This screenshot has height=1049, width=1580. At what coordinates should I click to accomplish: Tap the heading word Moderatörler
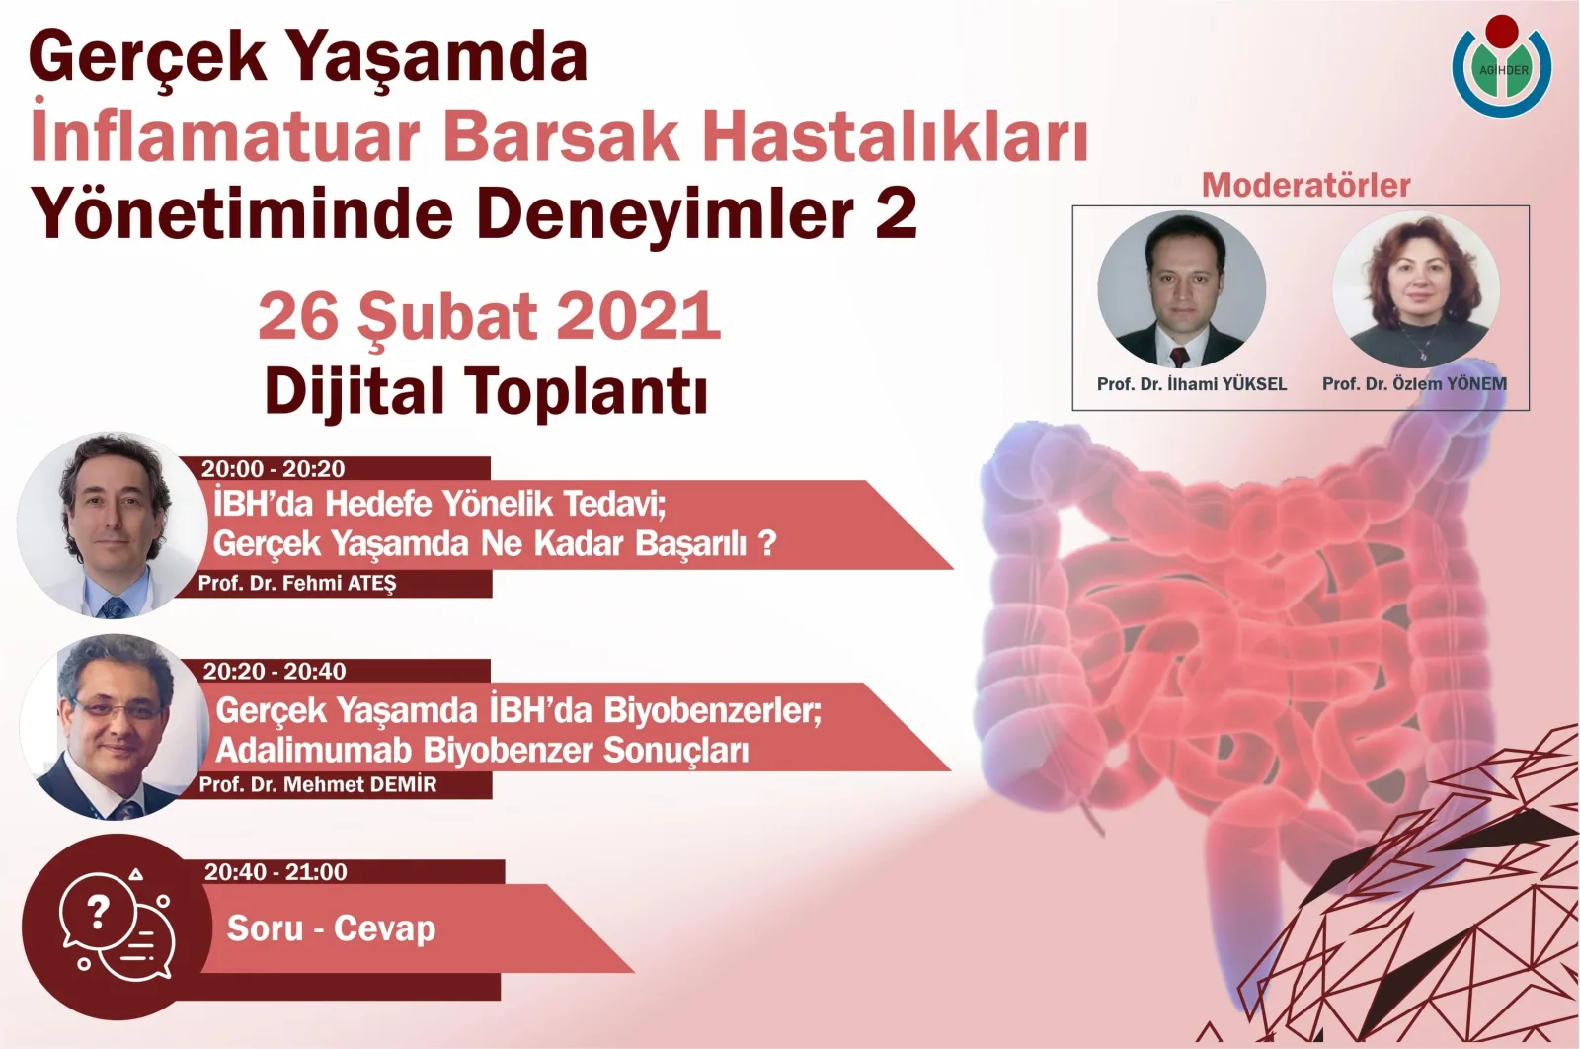1305,185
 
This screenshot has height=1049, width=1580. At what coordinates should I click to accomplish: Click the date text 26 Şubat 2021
490,316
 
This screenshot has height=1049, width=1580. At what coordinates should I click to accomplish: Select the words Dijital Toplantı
486,391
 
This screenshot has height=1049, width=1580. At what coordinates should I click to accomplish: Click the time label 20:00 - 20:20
274,469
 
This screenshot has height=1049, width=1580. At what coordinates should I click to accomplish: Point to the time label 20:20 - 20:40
275,672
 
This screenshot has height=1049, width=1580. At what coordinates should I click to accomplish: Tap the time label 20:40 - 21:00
276,872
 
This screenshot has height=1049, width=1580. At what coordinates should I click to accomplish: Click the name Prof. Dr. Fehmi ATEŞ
296,584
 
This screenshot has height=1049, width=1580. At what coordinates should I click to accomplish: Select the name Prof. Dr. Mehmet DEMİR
317,785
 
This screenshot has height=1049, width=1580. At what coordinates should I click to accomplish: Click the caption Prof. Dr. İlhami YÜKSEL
1191,384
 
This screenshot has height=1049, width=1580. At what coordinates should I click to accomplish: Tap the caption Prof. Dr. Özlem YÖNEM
1414,384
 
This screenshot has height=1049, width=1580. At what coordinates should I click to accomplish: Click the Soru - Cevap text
331,928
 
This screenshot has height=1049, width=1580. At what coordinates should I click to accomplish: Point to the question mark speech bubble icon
116,926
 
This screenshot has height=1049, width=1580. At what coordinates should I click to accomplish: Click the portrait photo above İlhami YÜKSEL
1182,289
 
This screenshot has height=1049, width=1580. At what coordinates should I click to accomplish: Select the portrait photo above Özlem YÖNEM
1416,289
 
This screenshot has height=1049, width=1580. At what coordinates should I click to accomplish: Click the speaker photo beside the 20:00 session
112,524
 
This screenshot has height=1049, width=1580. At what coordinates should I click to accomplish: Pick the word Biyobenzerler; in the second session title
712,710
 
